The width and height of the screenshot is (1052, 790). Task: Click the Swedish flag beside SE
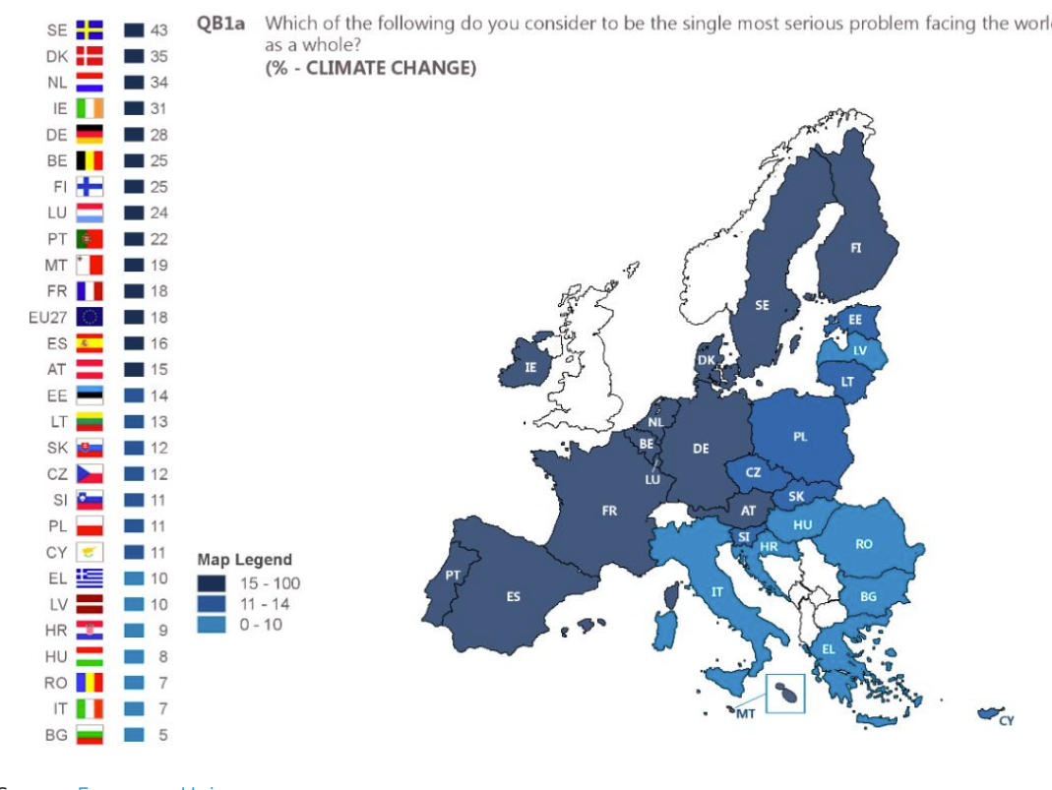pos(90,30)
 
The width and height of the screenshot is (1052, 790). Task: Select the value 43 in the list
pos(158,31)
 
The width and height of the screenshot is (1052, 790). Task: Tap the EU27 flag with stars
pos(90,317)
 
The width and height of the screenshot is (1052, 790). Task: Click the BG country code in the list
pos(56,735)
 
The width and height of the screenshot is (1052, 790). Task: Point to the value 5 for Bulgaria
pos(162,735)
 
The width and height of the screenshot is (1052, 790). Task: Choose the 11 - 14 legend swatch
pos(212,603)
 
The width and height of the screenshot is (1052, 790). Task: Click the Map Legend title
pos(244,560)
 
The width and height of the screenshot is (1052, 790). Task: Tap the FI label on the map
pos(855,248)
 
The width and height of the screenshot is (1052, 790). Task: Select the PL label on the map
pos(800,437)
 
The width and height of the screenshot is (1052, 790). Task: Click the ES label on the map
pos(514,596)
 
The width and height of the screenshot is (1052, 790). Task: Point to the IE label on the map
pos(531,368)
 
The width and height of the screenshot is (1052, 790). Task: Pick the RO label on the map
pos(864,544)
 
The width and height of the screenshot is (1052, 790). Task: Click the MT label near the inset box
pos(746,714)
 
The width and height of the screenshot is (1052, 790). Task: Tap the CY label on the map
pos(1006,721)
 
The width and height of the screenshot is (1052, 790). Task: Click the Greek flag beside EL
pos(90,578)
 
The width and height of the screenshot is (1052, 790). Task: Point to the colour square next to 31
pos(135,109)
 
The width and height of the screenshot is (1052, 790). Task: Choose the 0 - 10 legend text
pos(260,624)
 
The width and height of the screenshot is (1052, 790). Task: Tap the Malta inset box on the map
pos(785,693)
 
